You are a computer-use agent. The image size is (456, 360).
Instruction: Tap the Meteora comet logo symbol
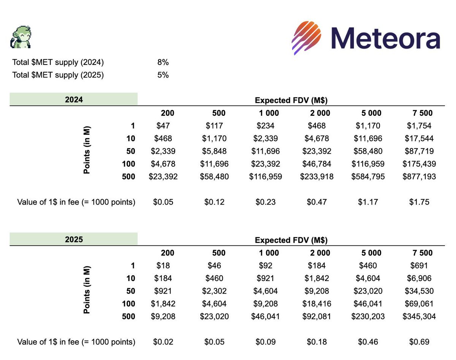pyautogui.click(x=307, y=37)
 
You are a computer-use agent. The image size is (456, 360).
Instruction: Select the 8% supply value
pyautogui.click(x=163, y=62)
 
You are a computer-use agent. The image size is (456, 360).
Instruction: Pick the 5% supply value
pyautogui.click(x=163, y=75)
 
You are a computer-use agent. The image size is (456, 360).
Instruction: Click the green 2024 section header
pyautogui.click(x=74, y=100)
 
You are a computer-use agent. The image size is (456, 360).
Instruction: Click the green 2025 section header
pyautogui.click(x=74, y=240)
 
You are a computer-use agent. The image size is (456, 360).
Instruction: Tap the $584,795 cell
pyautogui.click(x=367, y=176)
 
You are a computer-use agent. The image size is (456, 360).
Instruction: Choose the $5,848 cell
pyautogui.click(x=214, y=151)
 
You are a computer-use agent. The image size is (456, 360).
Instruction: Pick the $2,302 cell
pyautogui.click(x=214, y=291)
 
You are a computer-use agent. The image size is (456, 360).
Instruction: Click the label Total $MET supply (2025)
pyautogui.click(x=58, y=75)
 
